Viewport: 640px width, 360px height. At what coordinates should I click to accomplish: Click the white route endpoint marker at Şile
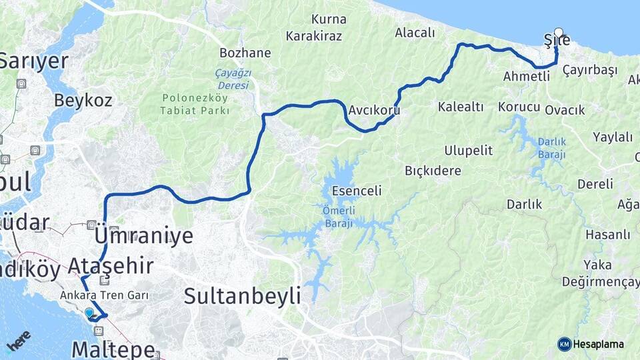click(558, 32)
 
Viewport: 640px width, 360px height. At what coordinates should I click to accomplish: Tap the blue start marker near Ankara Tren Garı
click(89, 312)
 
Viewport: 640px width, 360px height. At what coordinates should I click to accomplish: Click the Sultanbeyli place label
click(242, 295)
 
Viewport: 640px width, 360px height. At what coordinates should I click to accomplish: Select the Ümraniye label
click(144, 236)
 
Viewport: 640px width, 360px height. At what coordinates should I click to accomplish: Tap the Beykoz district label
click(83, 101)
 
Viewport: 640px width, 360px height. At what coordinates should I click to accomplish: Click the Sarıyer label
click(33, 61)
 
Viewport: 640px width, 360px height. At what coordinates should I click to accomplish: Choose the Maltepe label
click(113, 349)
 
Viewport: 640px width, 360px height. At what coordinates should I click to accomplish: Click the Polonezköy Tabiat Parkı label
click(195, 103)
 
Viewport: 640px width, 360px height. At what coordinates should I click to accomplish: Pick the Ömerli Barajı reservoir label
click(339, 217)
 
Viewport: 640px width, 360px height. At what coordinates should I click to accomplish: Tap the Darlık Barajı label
click(551, 148)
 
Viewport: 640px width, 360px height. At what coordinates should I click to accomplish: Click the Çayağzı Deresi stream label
click(232, 79)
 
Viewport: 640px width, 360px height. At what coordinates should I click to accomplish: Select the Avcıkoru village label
click(374, 110)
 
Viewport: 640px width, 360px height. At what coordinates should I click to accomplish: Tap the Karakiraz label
click(313, 36)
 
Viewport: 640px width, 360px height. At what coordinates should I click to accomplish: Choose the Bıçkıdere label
click(433, 171)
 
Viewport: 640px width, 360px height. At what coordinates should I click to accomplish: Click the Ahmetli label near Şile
click(526, 76)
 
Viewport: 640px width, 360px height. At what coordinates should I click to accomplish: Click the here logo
click(18, 340)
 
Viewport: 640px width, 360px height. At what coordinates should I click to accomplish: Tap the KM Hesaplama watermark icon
click(565, 344)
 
